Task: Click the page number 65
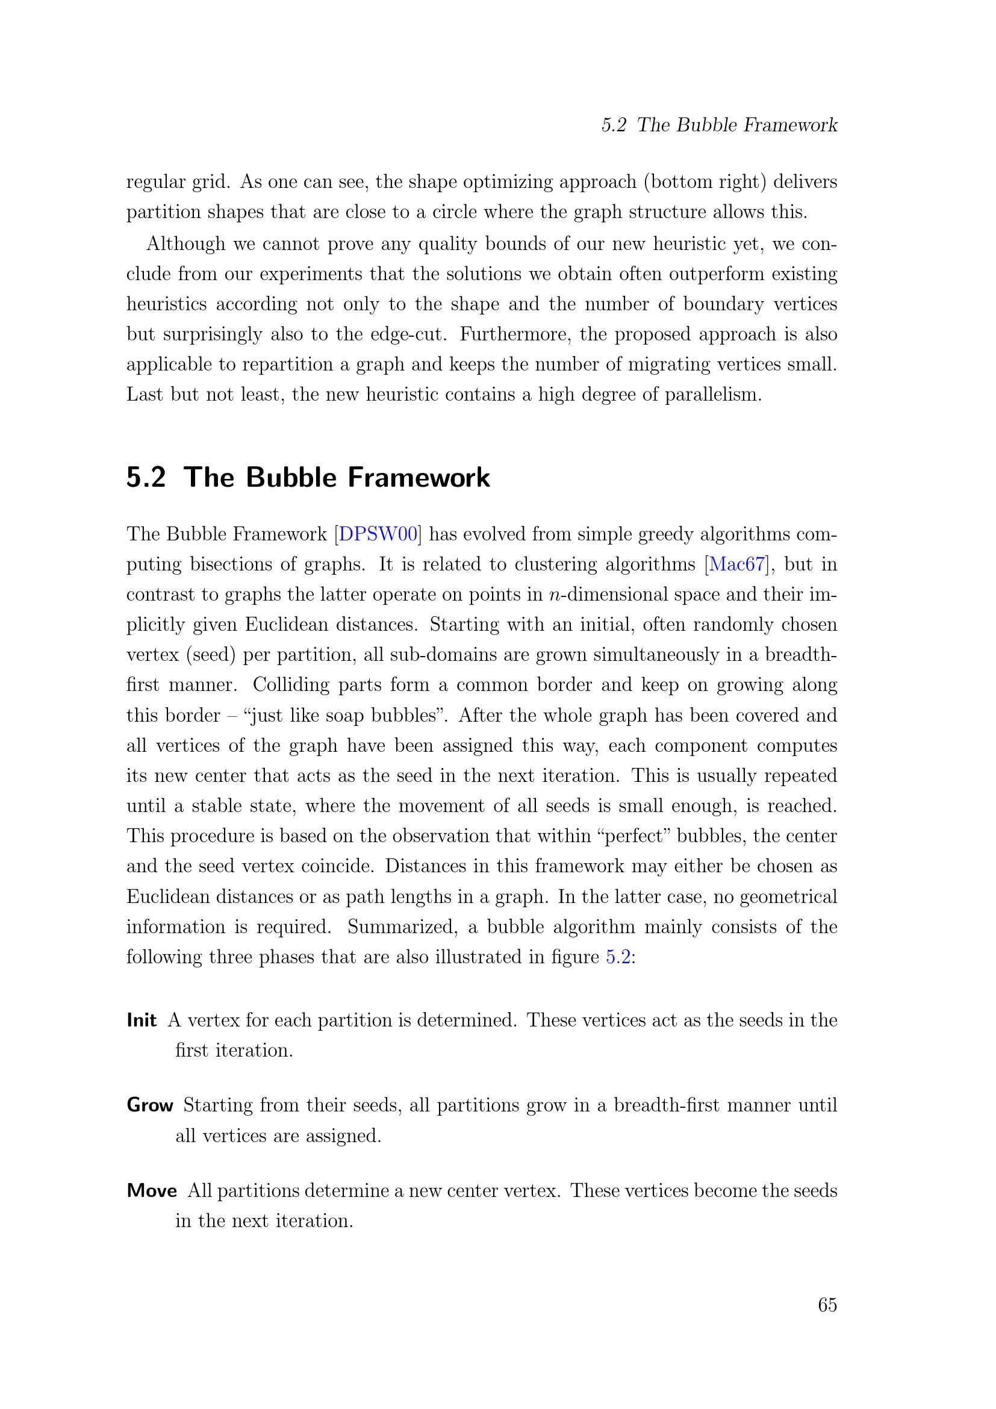click(827, 1305)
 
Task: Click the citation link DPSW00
click(378, 534)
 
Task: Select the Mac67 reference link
click(737, 564)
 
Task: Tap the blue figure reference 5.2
click(618, 957)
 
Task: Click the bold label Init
click(142, 1020)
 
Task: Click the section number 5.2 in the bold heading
click(146, 478)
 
